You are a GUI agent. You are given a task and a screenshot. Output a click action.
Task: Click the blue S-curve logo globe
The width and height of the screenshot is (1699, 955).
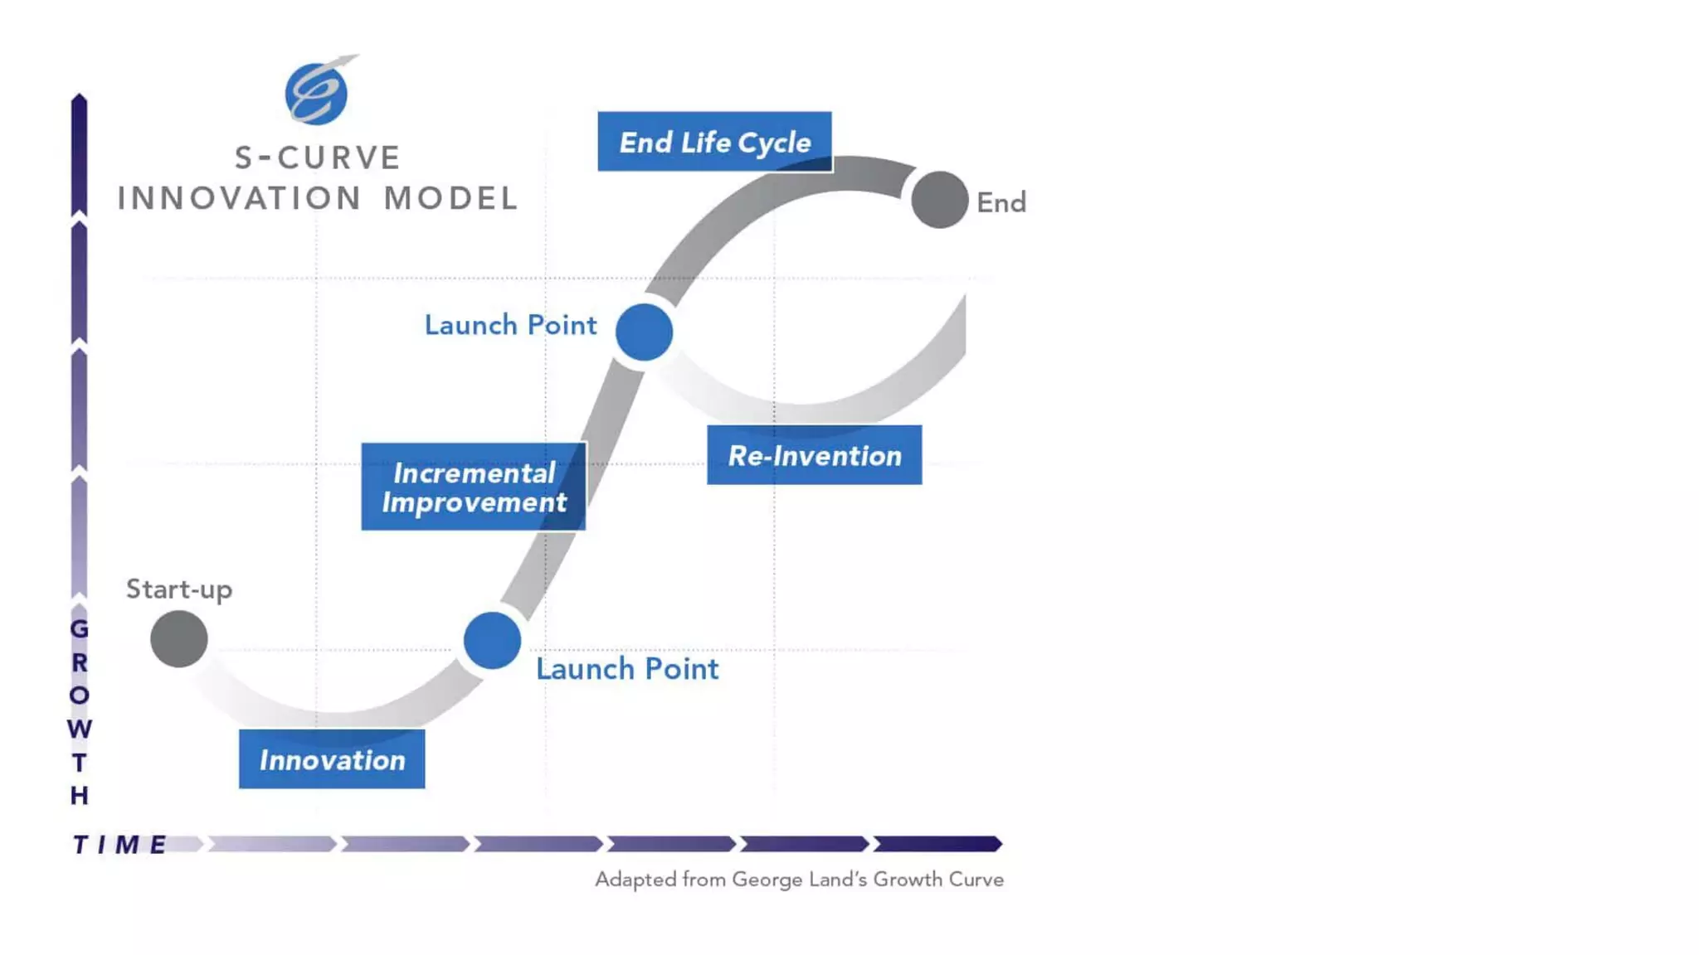pos(316,94)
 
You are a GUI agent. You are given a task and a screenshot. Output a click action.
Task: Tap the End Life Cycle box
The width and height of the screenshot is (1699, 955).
pos(714,142)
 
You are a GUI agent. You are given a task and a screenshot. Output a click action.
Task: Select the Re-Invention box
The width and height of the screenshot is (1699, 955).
pos(814,455)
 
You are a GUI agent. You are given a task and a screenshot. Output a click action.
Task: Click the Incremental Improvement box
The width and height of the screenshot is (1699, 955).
pos(474,487)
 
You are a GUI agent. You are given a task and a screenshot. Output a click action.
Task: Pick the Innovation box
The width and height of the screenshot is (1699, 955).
pos(332,759)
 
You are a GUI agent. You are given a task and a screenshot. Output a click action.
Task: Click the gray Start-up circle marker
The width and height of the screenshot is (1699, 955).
pos(179,639)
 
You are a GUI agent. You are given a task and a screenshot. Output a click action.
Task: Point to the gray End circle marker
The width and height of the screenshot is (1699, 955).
pos(939,200)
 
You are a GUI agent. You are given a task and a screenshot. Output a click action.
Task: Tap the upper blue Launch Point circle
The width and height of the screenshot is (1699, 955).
pos(644,332)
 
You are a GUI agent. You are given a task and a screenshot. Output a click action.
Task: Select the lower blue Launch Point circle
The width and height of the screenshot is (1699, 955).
pos(492,641)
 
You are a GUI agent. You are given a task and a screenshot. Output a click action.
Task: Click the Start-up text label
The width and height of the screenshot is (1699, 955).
pos(179,589)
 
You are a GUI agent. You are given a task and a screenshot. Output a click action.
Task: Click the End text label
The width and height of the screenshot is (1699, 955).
pos(1001,202)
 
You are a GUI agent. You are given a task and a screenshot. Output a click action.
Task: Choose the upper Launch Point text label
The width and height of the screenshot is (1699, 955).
pos(510,325)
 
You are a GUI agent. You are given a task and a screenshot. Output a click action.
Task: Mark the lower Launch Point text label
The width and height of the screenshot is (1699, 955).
pos(627,669)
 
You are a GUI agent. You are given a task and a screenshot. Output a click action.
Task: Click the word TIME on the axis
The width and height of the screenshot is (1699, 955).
pos(120,845)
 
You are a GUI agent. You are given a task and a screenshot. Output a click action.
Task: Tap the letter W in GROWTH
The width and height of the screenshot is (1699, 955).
pos(80,729)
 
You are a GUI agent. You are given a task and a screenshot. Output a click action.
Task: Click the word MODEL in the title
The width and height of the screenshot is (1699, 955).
pos(451,198)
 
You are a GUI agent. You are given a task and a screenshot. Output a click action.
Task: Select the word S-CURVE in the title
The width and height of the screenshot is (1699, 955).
pos(318,158)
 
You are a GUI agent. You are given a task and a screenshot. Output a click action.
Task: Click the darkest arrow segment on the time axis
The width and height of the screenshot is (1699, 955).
pos(938,844)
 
